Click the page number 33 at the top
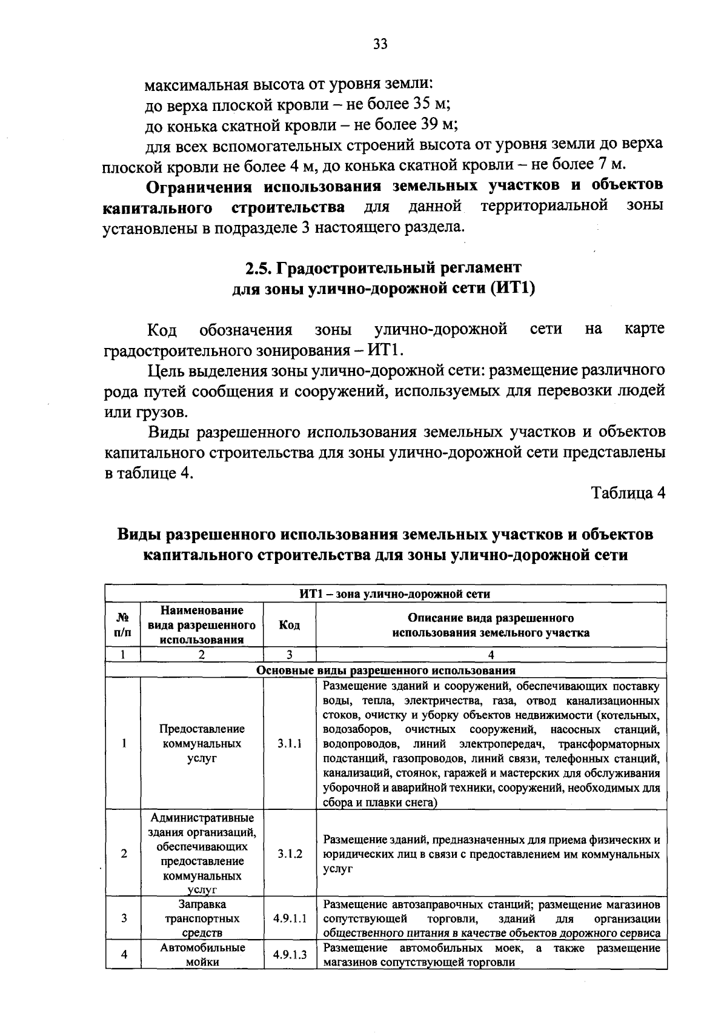(380, 44)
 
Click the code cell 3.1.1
(289, 743)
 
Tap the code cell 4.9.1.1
(290, 918)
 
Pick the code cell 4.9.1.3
(290, 955)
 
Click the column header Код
(289, 625)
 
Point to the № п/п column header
(123, 625)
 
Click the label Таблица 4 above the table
(628, 493)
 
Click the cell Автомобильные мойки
(202, 955)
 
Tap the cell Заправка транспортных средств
(202, 918)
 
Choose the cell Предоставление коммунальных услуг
(202, 743)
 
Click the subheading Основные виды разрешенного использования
(385, 670)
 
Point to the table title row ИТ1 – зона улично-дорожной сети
(385, 593)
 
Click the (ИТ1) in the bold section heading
(513, 289)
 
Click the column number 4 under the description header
(491, 655)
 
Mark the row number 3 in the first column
(124, 918)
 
